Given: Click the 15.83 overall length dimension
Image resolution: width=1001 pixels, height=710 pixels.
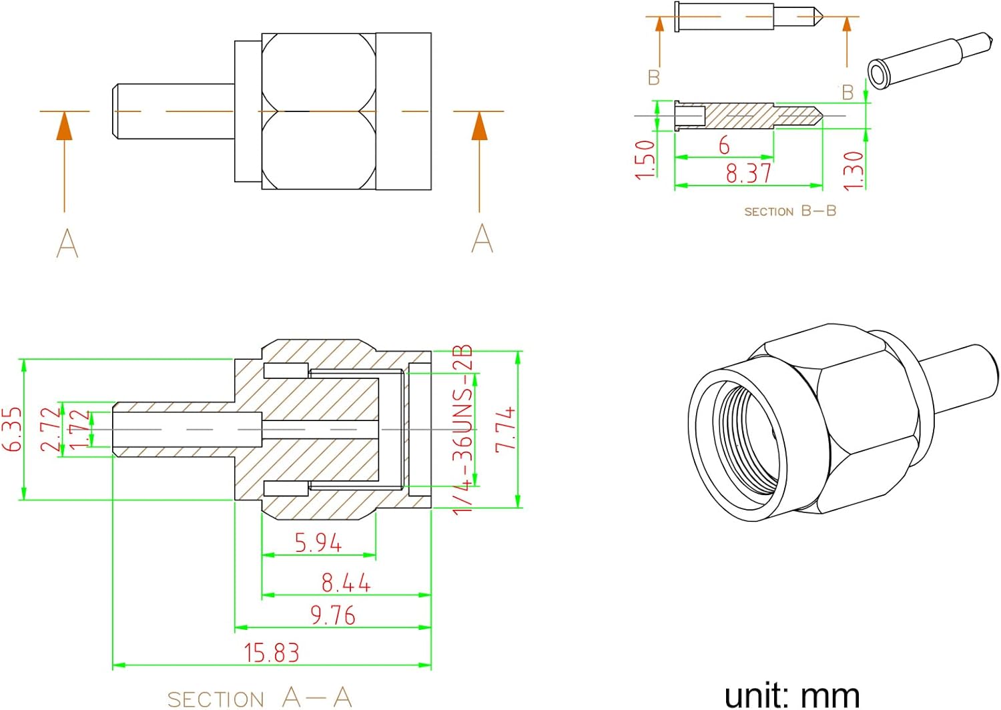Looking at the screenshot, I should coord(272,652).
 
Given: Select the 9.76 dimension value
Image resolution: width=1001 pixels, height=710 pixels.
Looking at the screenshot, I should coord(332,615).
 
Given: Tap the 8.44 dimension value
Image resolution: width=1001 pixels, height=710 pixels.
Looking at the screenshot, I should coord(346,583).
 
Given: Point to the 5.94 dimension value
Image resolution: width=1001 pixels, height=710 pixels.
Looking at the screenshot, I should coord(318,543).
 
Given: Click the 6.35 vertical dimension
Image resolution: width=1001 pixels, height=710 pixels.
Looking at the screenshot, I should coord(13,429).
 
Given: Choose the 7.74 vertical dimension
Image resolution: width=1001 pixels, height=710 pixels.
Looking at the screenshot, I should coord(505,429).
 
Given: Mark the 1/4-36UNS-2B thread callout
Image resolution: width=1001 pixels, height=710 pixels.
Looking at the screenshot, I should coord(463,429).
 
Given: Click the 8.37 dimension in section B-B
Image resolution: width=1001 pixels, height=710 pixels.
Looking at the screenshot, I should coord(748,173).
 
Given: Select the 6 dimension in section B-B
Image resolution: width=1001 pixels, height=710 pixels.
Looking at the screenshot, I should coord(724,145).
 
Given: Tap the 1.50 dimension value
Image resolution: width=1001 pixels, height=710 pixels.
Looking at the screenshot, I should coord(645,159).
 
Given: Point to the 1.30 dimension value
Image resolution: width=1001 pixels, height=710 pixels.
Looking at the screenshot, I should coord(854,170).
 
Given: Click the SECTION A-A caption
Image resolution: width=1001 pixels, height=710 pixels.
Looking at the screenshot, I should coord(259,698).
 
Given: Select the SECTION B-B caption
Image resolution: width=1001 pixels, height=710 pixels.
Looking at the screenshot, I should coord(790,211).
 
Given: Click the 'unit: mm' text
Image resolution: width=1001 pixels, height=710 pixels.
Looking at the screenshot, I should coord(792,695).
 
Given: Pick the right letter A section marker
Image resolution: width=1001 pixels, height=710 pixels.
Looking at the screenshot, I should coord(482,238).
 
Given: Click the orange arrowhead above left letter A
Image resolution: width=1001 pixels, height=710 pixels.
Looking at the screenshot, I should coord(64,126).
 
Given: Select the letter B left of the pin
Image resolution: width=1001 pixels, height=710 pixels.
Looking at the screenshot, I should coord(654,78).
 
